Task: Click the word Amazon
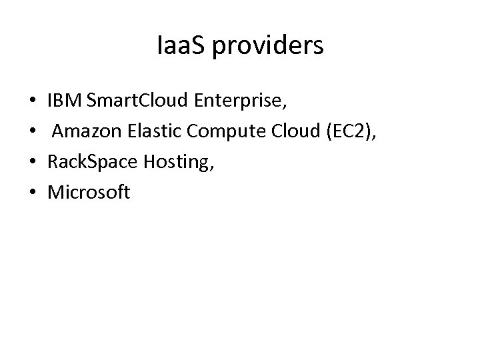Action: point(85,133)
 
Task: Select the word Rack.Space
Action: point(91,163)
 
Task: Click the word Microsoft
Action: point(89,193)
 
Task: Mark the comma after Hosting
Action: point(211,171)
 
